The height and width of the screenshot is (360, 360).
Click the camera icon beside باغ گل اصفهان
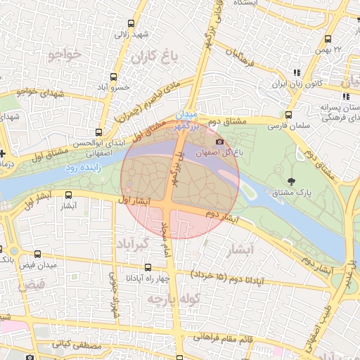[220, 141]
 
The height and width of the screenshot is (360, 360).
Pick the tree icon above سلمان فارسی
[289, 115]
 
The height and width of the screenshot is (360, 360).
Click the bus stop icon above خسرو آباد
[113, 77]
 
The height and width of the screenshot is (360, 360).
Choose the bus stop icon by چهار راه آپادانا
[148, 267]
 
